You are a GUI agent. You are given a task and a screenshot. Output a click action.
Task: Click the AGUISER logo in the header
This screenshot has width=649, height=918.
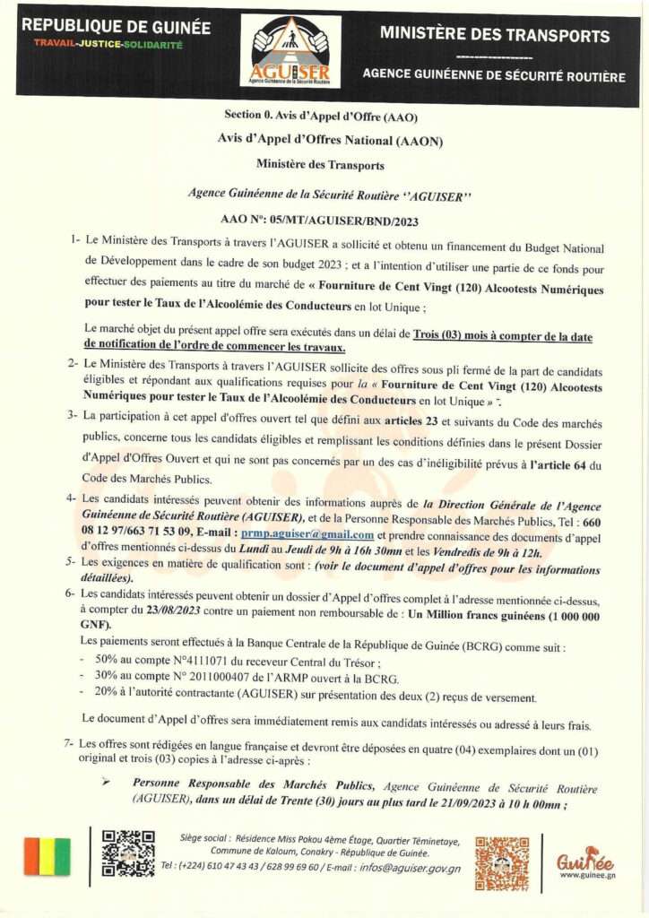pyautogui.click(x=290, y=51)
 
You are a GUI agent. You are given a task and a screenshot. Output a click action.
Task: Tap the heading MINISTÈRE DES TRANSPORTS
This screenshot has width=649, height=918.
pyautogui.click(x=495, y=36)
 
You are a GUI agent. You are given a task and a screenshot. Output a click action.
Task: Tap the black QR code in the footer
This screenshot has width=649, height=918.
pyautogui.click(x=128, y=853)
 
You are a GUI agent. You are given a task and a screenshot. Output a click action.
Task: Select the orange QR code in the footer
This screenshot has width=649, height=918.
pyautogui.click(x=501, y=862)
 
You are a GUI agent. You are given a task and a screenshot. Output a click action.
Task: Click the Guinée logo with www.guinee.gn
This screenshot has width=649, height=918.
pyautogui.click(x=584, y=863)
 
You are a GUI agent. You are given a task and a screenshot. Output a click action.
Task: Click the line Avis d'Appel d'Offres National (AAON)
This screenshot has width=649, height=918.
pyautogui.click(x=330, y=140)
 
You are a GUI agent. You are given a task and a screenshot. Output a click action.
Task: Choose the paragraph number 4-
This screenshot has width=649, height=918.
pyautogui.click(x=71, y=498)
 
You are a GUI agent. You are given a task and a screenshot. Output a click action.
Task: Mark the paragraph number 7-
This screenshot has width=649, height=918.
pyautogui.click(x=69, y=744)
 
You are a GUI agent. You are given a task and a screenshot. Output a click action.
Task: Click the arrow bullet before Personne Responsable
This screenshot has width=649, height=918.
pyautogui.click(x=106, y=782)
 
